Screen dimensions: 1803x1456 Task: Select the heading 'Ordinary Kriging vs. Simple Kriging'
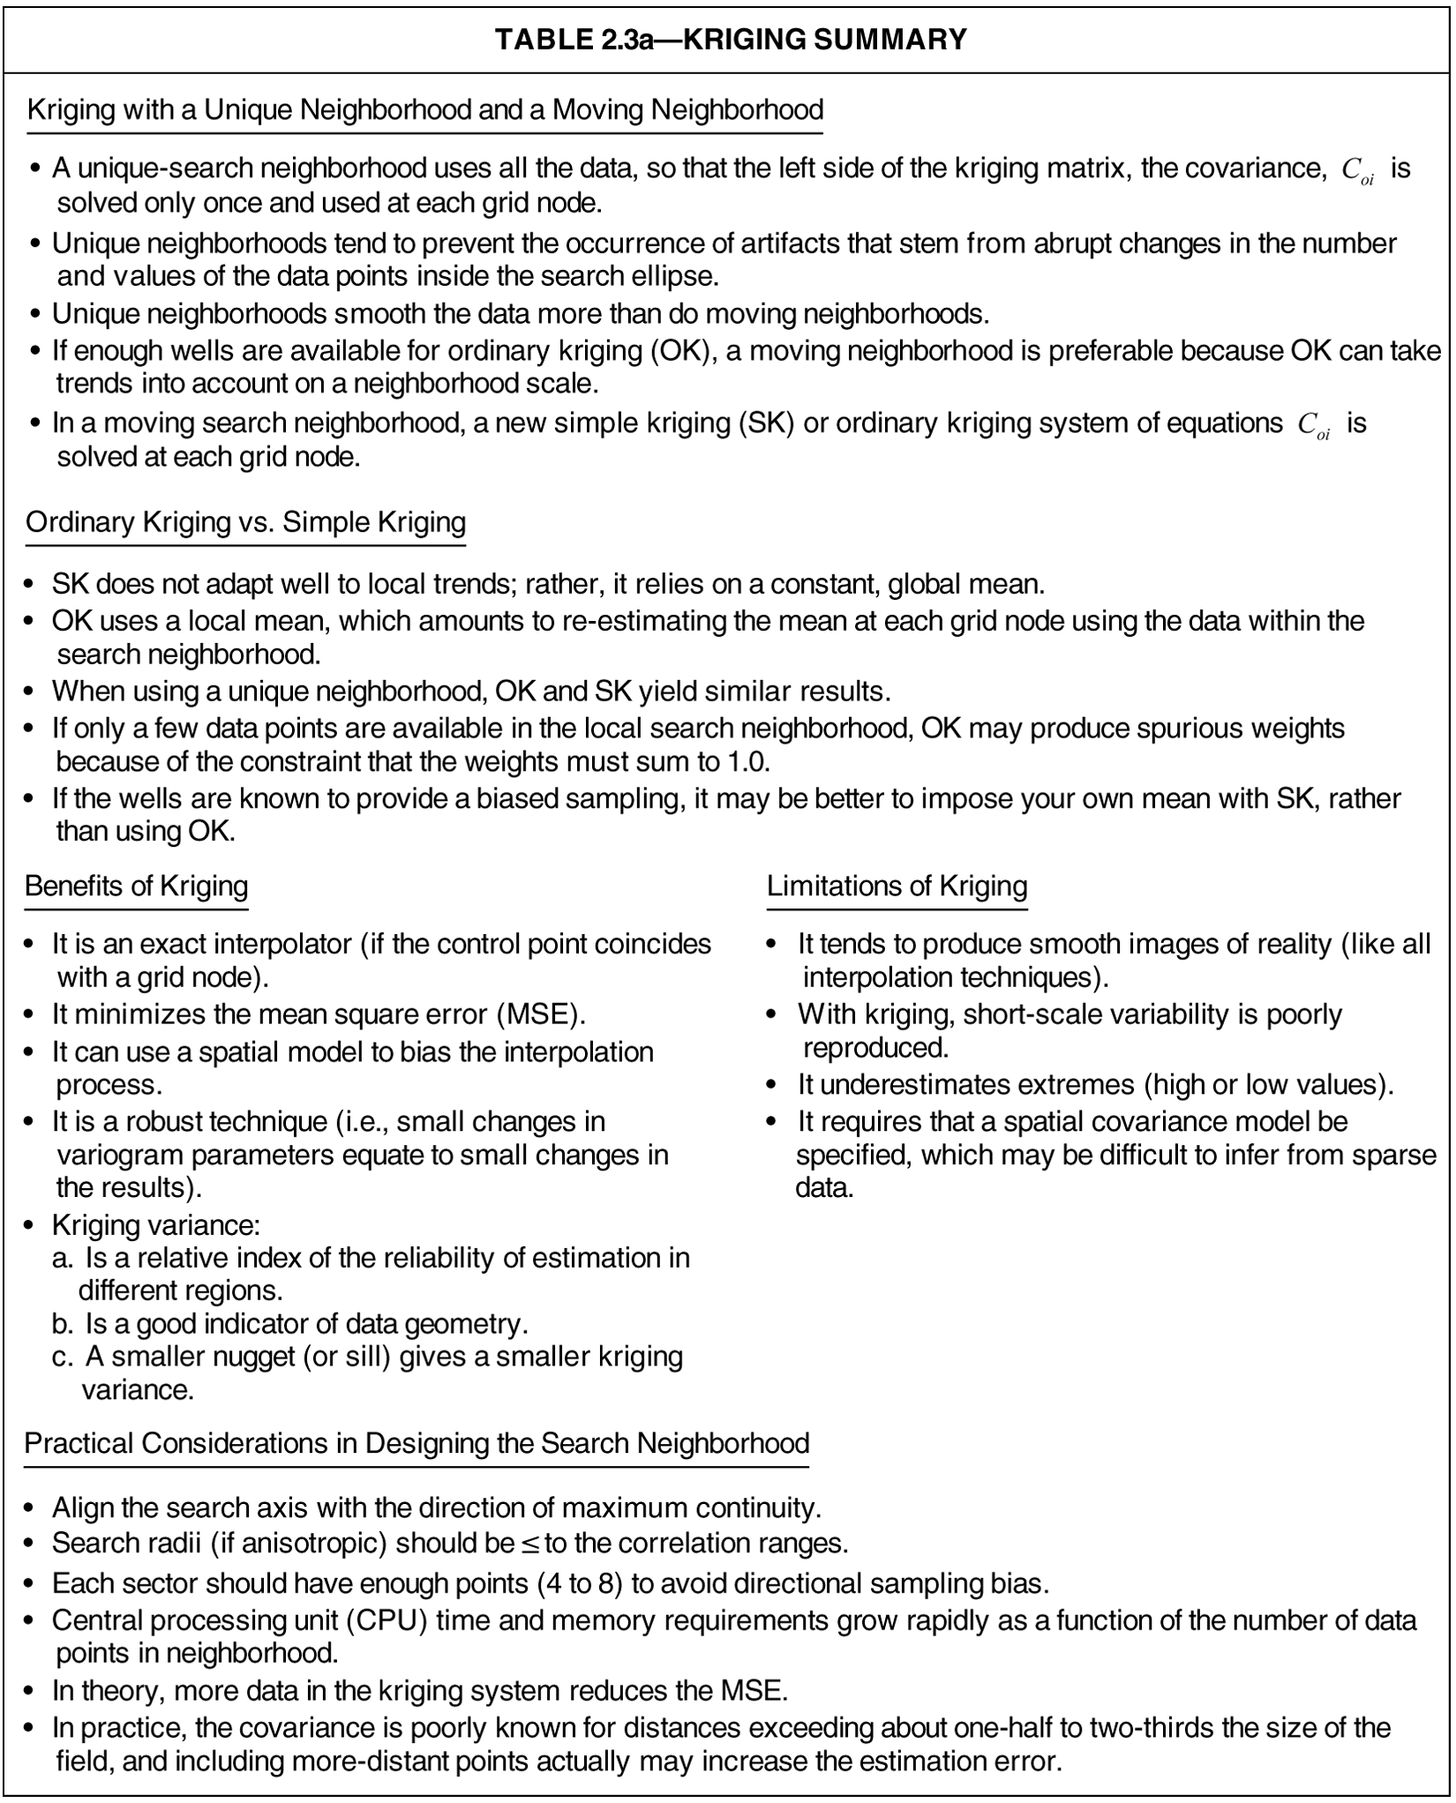[x=245, y=522]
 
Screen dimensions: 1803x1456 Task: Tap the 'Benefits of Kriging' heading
[x=136, y=886]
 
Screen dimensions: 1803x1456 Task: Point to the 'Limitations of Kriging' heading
[x=897, y=886]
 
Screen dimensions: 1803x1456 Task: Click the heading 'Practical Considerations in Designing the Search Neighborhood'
[x=417, y=1443]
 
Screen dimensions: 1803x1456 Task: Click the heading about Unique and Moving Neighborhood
[x=424, y=110]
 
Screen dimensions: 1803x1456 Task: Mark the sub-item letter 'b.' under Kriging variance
[x=63, y=1324]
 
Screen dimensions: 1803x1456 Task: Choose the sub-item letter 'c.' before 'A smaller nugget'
[x=63, y=1357]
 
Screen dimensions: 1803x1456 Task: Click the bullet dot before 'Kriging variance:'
[x=30, y=1226]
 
